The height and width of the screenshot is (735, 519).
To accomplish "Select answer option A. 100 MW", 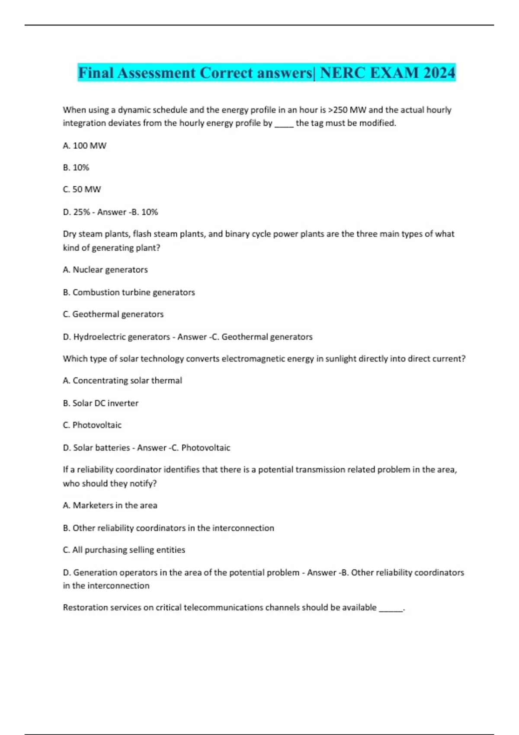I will point(84,146).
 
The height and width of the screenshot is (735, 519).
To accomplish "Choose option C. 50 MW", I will point(82,189).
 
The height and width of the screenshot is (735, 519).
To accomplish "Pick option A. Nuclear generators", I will point(105,270).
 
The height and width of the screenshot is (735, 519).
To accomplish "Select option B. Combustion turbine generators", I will point(129,292).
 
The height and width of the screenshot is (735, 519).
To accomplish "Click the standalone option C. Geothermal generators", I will point(113,314).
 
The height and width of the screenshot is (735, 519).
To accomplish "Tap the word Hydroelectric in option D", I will point(100,337).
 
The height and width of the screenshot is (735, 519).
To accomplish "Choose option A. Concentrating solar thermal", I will point(122,380).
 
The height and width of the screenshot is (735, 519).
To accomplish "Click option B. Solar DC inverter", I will point(100,403).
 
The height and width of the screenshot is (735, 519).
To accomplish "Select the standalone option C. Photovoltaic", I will point(92,425).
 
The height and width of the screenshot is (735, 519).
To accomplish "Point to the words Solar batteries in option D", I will point(101,448).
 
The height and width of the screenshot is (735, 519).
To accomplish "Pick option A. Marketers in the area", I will point(110,505).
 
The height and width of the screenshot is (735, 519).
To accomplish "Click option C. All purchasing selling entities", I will point(124,550).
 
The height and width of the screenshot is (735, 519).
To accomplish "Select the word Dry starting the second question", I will point(69,234).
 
